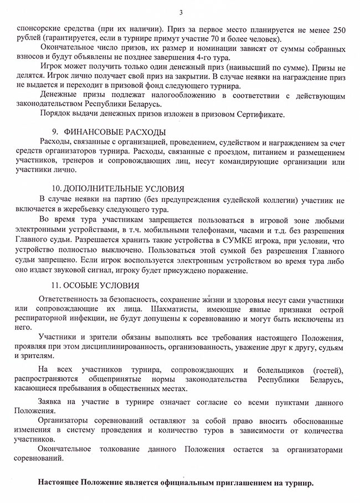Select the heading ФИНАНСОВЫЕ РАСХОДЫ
115,131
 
